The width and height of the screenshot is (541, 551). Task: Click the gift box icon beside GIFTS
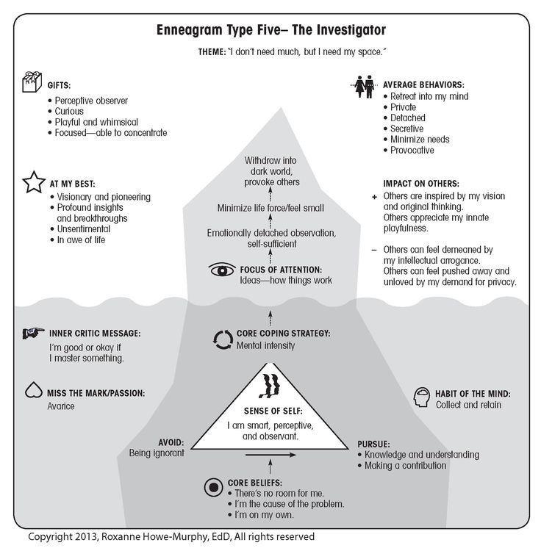point(32,82)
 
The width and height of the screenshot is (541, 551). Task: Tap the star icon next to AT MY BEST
point(34,182)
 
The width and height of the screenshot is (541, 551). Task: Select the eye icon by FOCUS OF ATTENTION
point(222,270)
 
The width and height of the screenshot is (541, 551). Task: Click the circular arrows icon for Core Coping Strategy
point(223,340)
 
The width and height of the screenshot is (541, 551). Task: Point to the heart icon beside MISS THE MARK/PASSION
point(34,390)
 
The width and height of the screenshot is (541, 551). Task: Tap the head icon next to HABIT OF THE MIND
point(422,397)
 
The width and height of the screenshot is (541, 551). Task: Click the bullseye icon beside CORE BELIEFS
point(213,487)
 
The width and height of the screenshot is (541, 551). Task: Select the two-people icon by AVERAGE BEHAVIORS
point(364,87)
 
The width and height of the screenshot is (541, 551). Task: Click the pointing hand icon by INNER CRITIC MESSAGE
point(33,333)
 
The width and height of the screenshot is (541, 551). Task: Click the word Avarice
point(61,406)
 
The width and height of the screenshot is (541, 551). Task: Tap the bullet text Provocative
point(412,151)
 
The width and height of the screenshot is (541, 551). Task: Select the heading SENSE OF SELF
point(273,411)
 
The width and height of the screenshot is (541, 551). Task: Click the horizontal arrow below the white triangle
point(270,455)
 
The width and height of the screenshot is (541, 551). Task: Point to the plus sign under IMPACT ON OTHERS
point(374,197)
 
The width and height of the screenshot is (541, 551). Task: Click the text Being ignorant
point(157,453)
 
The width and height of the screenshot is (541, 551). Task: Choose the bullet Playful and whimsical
point(96,122)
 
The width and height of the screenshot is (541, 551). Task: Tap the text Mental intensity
point(266,345)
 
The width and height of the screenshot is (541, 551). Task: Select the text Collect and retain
point(468,405)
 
